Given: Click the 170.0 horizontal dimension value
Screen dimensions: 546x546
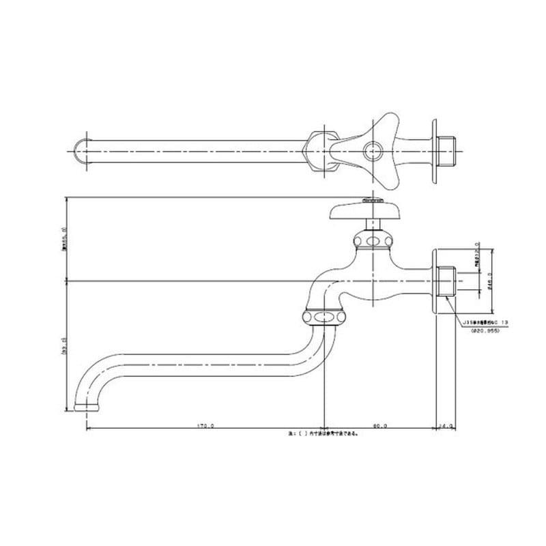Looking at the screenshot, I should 205,426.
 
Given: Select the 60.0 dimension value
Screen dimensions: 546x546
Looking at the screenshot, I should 380,426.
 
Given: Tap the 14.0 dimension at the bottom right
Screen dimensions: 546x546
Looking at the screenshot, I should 446,426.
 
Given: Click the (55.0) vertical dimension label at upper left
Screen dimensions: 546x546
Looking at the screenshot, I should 63,239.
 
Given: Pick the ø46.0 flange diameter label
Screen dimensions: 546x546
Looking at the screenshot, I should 490,280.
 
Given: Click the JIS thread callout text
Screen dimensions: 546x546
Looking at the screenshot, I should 486,320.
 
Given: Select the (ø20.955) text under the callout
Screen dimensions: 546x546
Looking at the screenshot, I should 485,330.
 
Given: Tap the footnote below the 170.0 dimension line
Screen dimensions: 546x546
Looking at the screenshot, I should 323,433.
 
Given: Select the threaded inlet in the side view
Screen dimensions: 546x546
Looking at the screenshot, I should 447,280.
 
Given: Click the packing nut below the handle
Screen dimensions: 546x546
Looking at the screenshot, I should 372,241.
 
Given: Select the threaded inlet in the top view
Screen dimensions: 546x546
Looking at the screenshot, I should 447,149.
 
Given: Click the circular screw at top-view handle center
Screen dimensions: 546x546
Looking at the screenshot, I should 373,150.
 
